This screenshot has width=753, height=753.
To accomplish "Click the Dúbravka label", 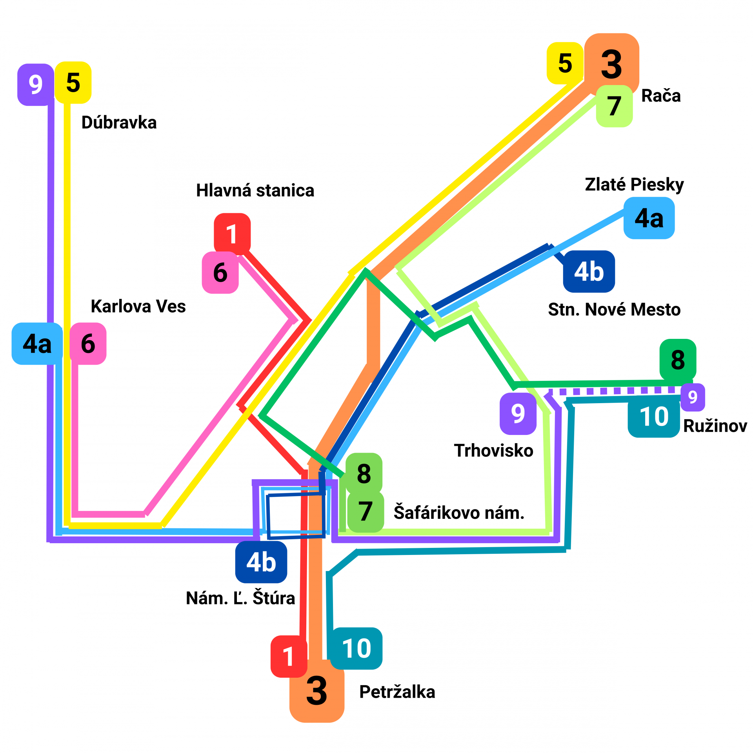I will (119, 123).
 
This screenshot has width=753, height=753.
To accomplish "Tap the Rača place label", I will (660, 96).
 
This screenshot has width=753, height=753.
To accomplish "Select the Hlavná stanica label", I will (255, 191).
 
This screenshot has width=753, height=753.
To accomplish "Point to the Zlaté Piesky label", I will (634, 184).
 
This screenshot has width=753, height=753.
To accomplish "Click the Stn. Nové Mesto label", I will (614, 309).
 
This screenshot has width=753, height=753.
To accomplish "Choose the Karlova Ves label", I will (138, 306).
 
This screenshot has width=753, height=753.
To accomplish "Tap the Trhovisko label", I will (493, 451).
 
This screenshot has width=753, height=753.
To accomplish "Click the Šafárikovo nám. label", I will (459, 513).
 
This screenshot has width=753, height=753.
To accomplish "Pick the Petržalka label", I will (397, 692).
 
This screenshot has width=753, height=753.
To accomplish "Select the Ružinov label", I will (715, 426).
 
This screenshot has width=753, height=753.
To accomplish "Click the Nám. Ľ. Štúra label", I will (240, 598).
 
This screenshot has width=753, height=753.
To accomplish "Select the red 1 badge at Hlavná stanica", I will (232, 234).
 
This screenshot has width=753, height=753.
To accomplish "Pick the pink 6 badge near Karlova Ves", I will (88, 344).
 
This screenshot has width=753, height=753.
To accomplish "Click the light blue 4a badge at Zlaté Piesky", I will (649, 218).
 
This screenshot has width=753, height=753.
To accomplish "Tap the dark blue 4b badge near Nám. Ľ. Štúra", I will (261, 562).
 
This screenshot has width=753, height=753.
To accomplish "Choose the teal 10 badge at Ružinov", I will (654, 417).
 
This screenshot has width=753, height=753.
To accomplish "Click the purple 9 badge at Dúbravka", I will (36, 84).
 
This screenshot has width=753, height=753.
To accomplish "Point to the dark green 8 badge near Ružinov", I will (678, 359).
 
